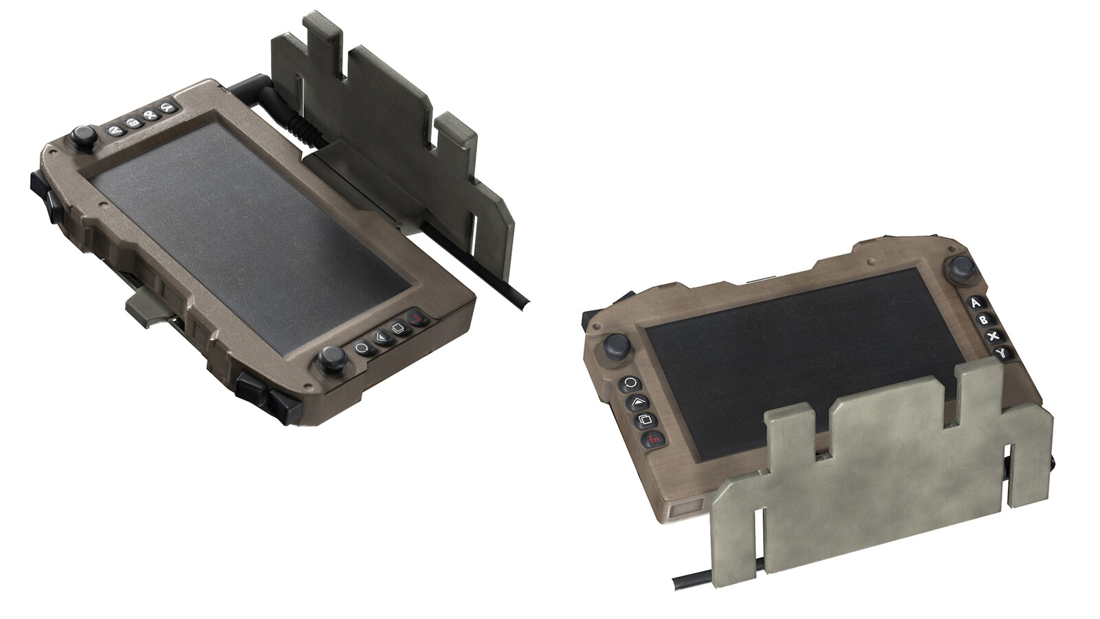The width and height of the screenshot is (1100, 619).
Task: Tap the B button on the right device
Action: [x=984, y=320]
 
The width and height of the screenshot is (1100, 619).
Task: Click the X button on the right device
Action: [x=993, y=337]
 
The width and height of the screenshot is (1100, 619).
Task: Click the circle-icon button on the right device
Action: [x=630, y=384]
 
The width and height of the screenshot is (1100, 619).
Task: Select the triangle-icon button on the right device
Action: [x=637, y=402]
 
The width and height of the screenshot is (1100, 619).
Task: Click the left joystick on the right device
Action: [x=615, y=346]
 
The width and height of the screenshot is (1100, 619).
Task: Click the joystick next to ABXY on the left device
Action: [x=84, y=138]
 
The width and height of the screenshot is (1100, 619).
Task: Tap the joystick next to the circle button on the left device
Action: [x=332, y=358]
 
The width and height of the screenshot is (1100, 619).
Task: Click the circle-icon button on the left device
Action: [x=362, y=347]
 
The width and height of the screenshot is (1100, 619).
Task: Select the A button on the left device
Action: [x=115, y=126]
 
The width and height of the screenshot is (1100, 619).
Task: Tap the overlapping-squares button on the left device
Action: [x=397, y=328]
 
